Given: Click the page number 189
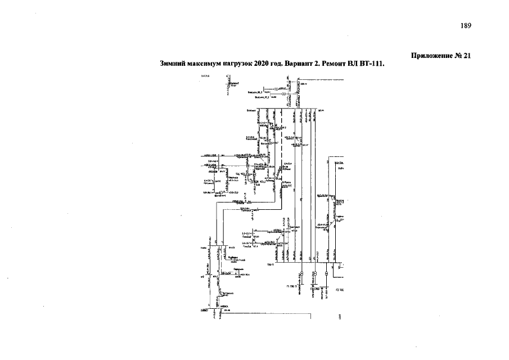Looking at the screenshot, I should (x=466, y=26).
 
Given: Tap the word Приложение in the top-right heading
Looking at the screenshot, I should (x=431, y=56).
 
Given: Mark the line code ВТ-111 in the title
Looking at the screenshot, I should (x=372, y=64).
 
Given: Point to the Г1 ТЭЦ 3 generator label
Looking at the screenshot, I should (x=291, y=287).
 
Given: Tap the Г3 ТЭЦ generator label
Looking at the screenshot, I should (x=340, y=290).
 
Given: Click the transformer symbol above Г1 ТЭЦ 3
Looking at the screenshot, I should (x=301, y=274).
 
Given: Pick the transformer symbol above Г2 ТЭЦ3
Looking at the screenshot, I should (x=315, y=274).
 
